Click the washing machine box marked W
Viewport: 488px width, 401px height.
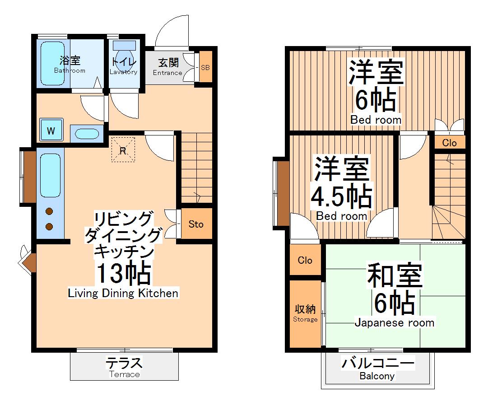[51, 131]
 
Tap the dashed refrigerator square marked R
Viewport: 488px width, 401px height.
[123, 149]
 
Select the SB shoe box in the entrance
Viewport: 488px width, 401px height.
[205, 67]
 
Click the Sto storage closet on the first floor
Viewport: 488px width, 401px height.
[196, 224]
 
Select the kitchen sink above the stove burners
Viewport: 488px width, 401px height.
[50, 175]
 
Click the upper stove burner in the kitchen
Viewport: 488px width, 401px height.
[49, 211]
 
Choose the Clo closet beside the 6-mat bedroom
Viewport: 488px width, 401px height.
[449, 143]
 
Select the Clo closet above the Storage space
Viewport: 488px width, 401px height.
[305, 260]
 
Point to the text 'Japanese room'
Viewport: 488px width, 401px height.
[394, 322]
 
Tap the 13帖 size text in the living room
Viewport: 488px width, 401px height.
[123, 273]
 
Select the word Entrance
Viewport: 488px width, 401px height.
[167, 73]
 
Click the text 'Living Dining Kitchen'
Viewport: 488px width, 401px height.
[123, 293]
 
